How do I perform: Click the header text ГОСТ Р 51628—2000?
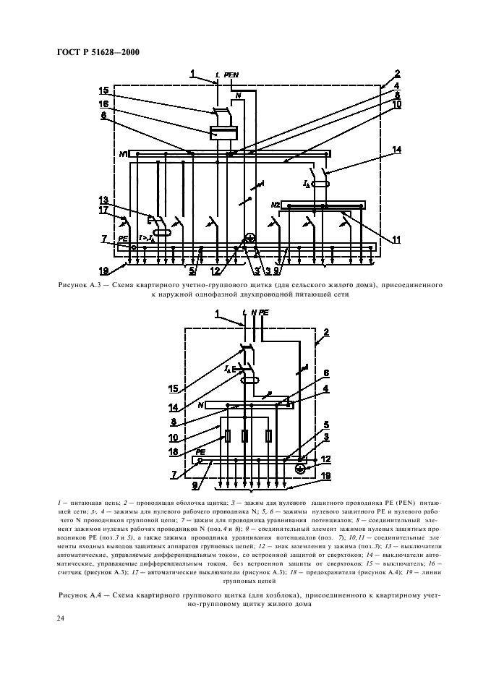98,51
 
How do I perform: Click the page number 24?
61,618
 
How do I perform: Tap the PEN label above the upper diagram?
231,74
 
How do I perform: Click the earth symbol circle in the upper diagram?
250,238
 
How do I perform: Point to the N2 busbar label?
276,205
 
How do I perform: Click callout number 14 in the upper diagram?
396,150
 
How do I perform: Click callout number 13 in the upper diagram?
104,200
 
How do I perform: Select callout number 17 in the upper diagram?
104,210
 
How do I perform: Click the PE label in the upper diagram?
124,238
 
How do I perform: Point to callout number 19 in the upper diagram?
104,271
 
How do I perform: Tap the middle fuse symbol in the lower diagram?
245,436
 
